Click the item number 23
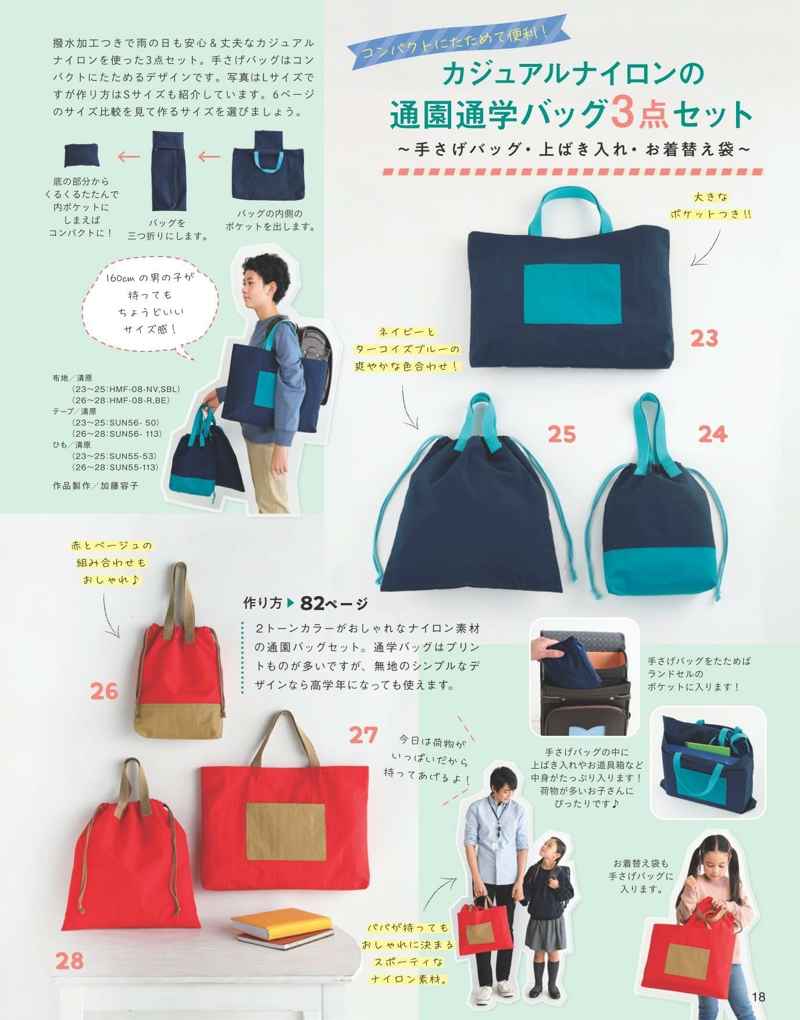coord(704,338)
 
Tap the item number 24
coord(713,434)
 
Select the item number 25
coord(562,434)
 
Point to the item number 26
coord(104,691)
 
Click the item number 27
coord(363,735)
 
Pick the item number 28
coord(70,961)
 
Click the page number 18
coord(758,997)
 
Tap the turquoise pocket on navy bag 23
coord(572,293)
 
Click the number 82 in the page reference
coord(315,604)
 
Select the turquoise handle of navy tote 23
coord(570,206)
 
